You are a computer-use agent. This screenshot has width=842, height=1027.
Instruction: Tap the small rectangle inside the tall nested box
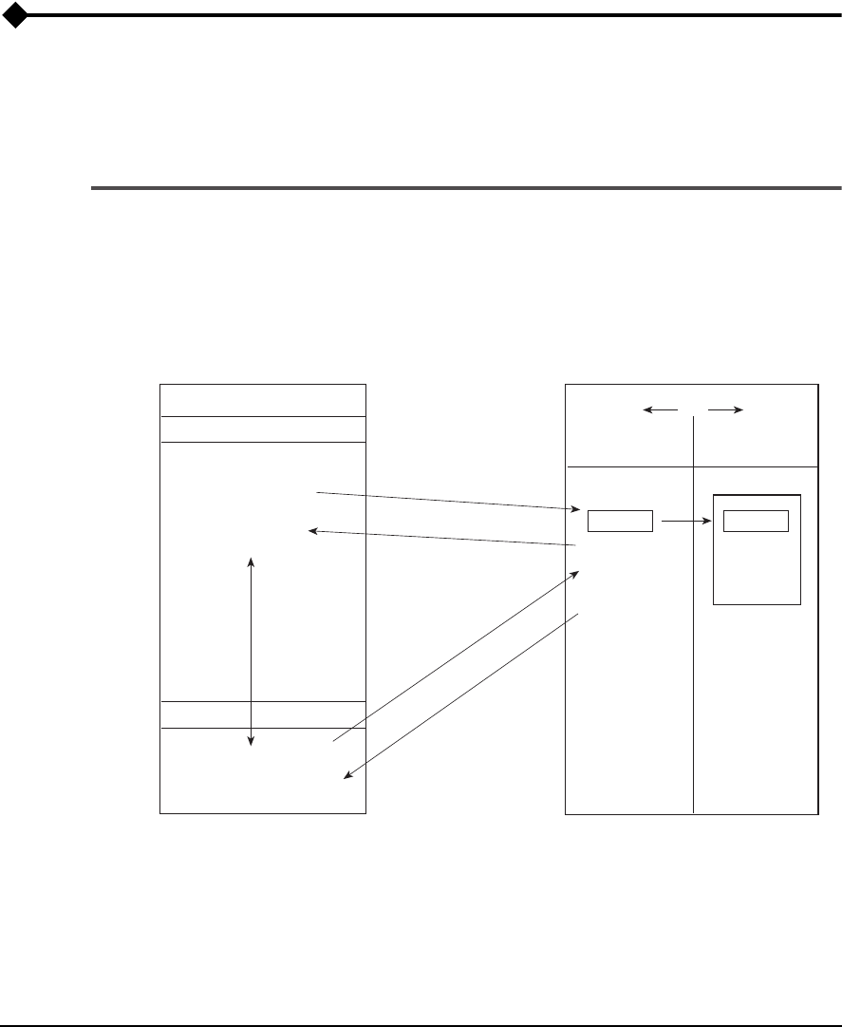point(756,521)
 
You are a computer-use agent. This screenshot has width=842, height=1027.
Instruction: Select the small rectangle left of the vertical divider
point(620,521)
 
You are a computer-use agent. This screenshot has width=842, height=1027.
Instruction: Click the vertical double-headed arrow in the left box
point(251,651)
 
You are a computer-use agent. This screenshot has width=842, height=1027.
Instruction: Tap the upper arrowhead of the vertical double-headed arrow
point(251,561)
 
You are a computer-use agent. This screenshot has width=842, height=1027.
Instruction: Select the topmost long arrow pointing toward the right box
point(446,501)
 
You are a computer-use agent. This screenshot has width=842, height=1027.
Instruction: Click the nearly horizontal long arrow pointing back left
point(446,539)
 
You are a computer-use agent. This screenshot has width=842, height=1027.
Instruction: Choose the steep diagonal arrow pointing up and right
point(456,656)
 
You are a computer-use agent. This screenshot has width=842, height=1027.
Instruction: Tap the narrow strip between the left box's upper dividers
point(263,428)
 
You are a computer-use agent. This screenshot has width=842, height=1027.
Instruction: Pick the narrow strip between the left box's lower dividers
point(263,714)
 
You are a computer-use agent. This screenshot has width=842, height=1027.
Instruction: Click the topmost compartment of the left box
point(263,400)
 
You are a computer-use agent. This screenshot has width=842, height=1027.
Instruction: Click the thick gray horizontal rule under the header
point(465,189)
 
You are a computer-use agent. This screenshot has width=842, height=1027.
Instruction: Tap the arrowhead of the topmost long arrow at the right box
point(575,510)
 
